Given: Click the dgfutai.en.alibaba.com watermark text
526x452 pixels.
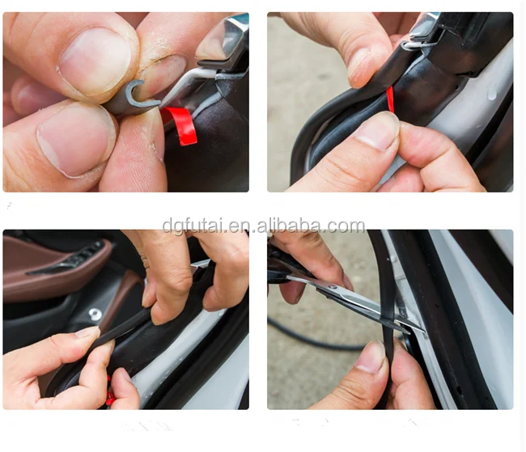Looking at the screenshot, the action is click(x=264, y=226).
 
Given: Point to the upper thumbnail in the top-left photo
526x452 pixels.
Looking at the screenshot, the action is click(x=95, y=59).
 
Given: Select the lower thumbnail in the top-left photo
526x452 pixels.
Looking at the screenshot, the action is click(x=76, y=138).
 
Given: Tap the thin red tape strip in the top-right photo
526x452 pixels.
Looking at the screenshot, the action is click(x=390, y=99).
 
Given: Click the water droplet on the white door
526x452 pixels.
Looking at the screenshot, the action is click(x=492, y=95).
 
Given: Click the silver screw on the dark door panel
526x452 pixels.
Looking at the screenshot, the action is click(x=95, y=314).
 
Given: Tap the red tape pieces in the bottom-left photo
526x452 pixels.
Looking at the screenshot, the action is click(x=109, y=392).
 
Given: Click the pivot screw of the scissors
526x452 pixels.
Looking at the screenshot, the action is click(x=333, y=287).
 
